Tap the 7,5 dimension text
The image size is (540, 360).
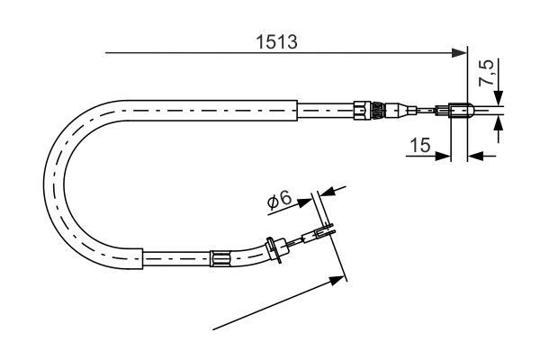486,73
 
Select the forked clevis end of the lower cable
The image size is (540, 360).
324,235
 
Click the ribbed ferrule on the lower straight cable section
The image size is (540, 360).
220,259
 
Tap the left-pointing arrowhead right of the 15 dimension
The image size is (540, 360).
475,156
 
